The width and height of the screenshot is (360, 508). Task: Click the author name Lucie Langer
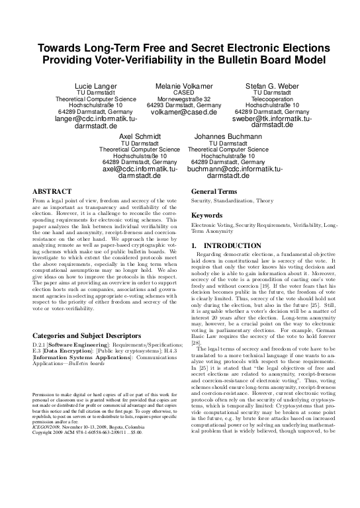95,86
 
